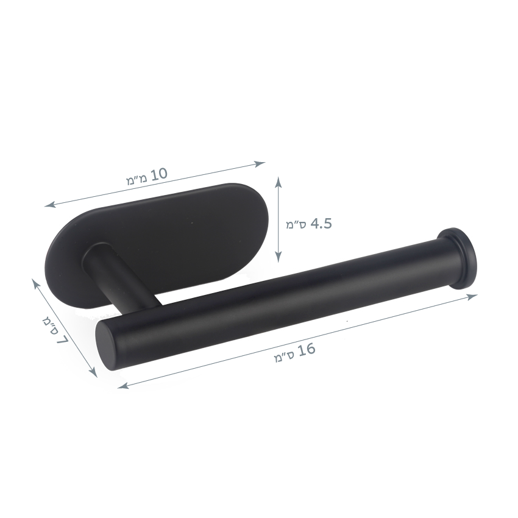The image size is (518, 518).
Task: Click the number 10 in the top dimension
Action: pos(159,174)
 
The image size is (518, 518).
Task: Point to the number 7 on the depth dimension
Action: pos(62,338)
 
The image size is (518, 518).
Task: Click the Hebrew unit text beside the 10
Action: pos(136,179)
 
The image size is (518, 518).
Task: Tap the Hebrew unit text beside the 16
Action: pos(284,357)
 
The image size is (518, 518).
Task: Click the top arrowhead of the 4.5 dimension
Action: pos(279,182)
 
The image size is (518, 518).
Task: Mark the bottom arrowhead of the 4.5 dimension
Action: pos(279,257)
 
